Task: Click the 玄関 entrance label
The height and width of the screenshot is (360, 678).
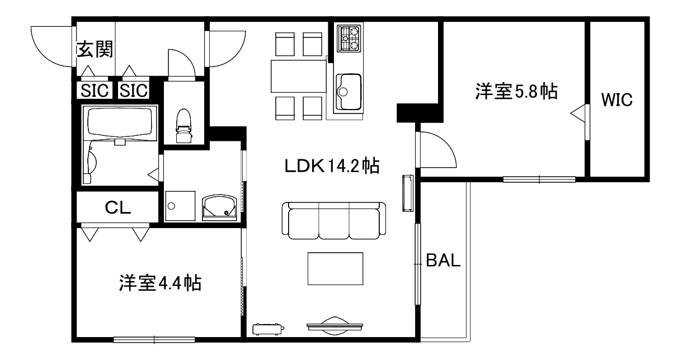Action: [95, 50]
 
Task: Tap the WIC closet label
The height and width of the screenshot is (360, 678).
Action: [616, 101]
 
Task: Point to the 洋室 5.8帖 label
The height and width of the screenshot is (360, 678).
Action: [516, 91]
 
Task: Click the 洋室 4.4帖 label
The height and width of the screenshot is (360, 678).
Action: [159, 283]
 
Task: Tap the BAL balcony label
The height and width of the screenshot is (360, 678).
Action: [443, 260]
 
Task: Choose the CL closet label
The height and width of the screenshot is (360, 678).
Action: [118, 208]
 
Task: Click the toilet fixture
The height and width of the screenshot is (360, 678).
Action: [183, 126]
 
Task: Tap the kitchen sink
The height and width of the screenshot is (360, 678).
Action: [348, 91]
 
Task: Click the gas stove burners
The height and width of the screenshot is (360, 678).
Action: [349, 39]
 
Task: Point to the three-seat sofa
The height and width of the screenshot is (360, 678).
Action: [333, 220]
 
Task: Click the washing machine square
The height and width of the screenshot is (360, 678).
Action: [180, 206]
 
